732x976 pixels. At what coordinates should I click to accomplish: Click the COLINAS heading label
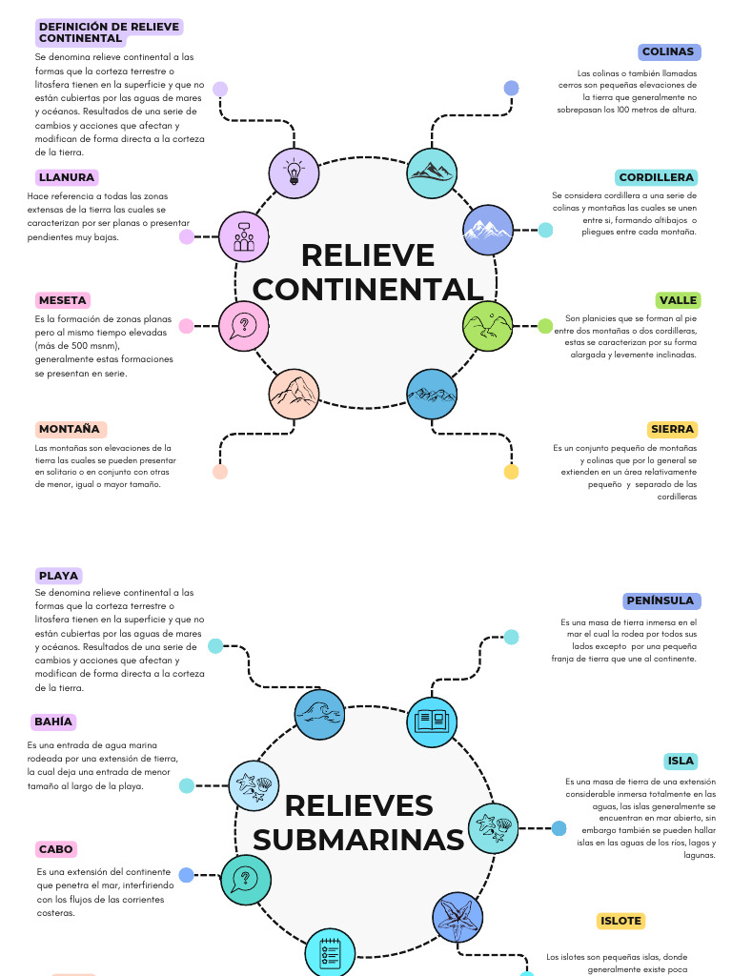point(668,52)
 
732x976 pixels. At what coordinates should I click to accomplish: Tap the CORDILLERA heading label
point(656,178)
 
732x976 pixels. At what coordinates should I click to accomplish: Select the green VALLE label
point(678,300)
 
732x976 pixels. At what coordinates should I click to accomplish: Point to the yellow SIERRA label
point(672,430)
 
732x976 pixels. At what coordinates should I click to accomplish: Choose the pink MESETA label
point(63,300)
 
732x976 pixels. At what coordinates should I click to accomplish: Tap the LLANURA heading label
point(67,178)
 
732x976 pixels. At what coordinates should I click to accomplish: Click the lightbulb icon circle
point(294,173)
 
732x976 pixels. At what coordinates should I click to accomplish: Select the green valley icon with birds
point(488,325)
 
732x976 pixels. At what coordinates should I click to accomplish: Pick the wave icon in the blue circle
point(319,714)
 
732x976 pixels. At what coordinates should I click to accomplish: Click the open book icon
point(432,722)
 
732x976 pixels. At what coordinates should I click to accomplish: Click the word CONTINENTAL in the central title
point(368,289)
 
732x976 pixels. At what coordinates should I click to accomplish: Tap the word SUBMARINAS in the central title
point(358,839)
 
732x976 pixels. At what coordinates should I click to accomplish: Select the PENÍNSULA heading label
point(660,601)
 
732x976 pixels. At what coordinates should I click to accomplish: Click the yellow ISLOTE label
point(620,922)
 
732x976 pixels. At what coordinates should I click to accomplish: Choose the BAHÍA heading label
point(53,722)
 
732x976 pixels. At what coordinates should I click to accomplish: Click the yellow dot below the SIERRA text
point(511,472)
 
